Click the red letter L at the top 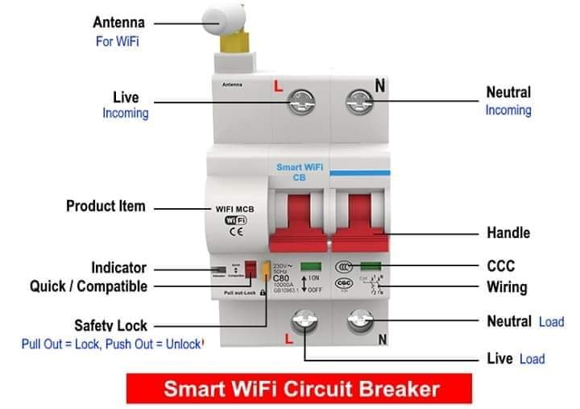279,85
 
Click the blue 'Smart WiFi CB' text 300,173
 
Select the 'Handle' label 508,233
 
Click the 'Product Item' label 106,207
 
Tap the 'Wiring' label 507,286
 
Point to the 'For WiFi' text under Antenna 117,41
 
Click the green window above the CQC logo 371,265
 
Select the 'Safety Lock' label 110,326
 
